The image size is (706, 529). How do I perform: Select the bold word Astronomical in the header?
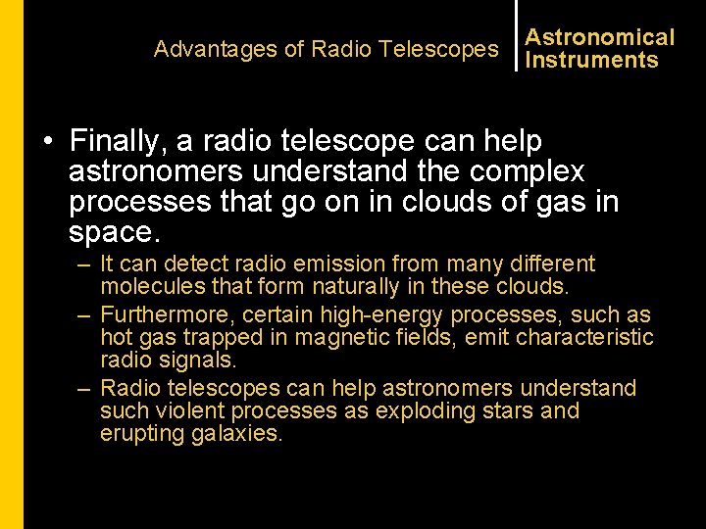click(x=600, y=37)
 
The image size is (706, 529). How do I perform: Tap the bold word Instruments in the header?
click(x=591, y=60)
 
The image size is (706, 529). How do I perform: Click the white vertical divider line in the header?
click(x=516, y=35)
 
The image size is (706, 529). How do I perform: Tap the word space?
click(x=111, y=233)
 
